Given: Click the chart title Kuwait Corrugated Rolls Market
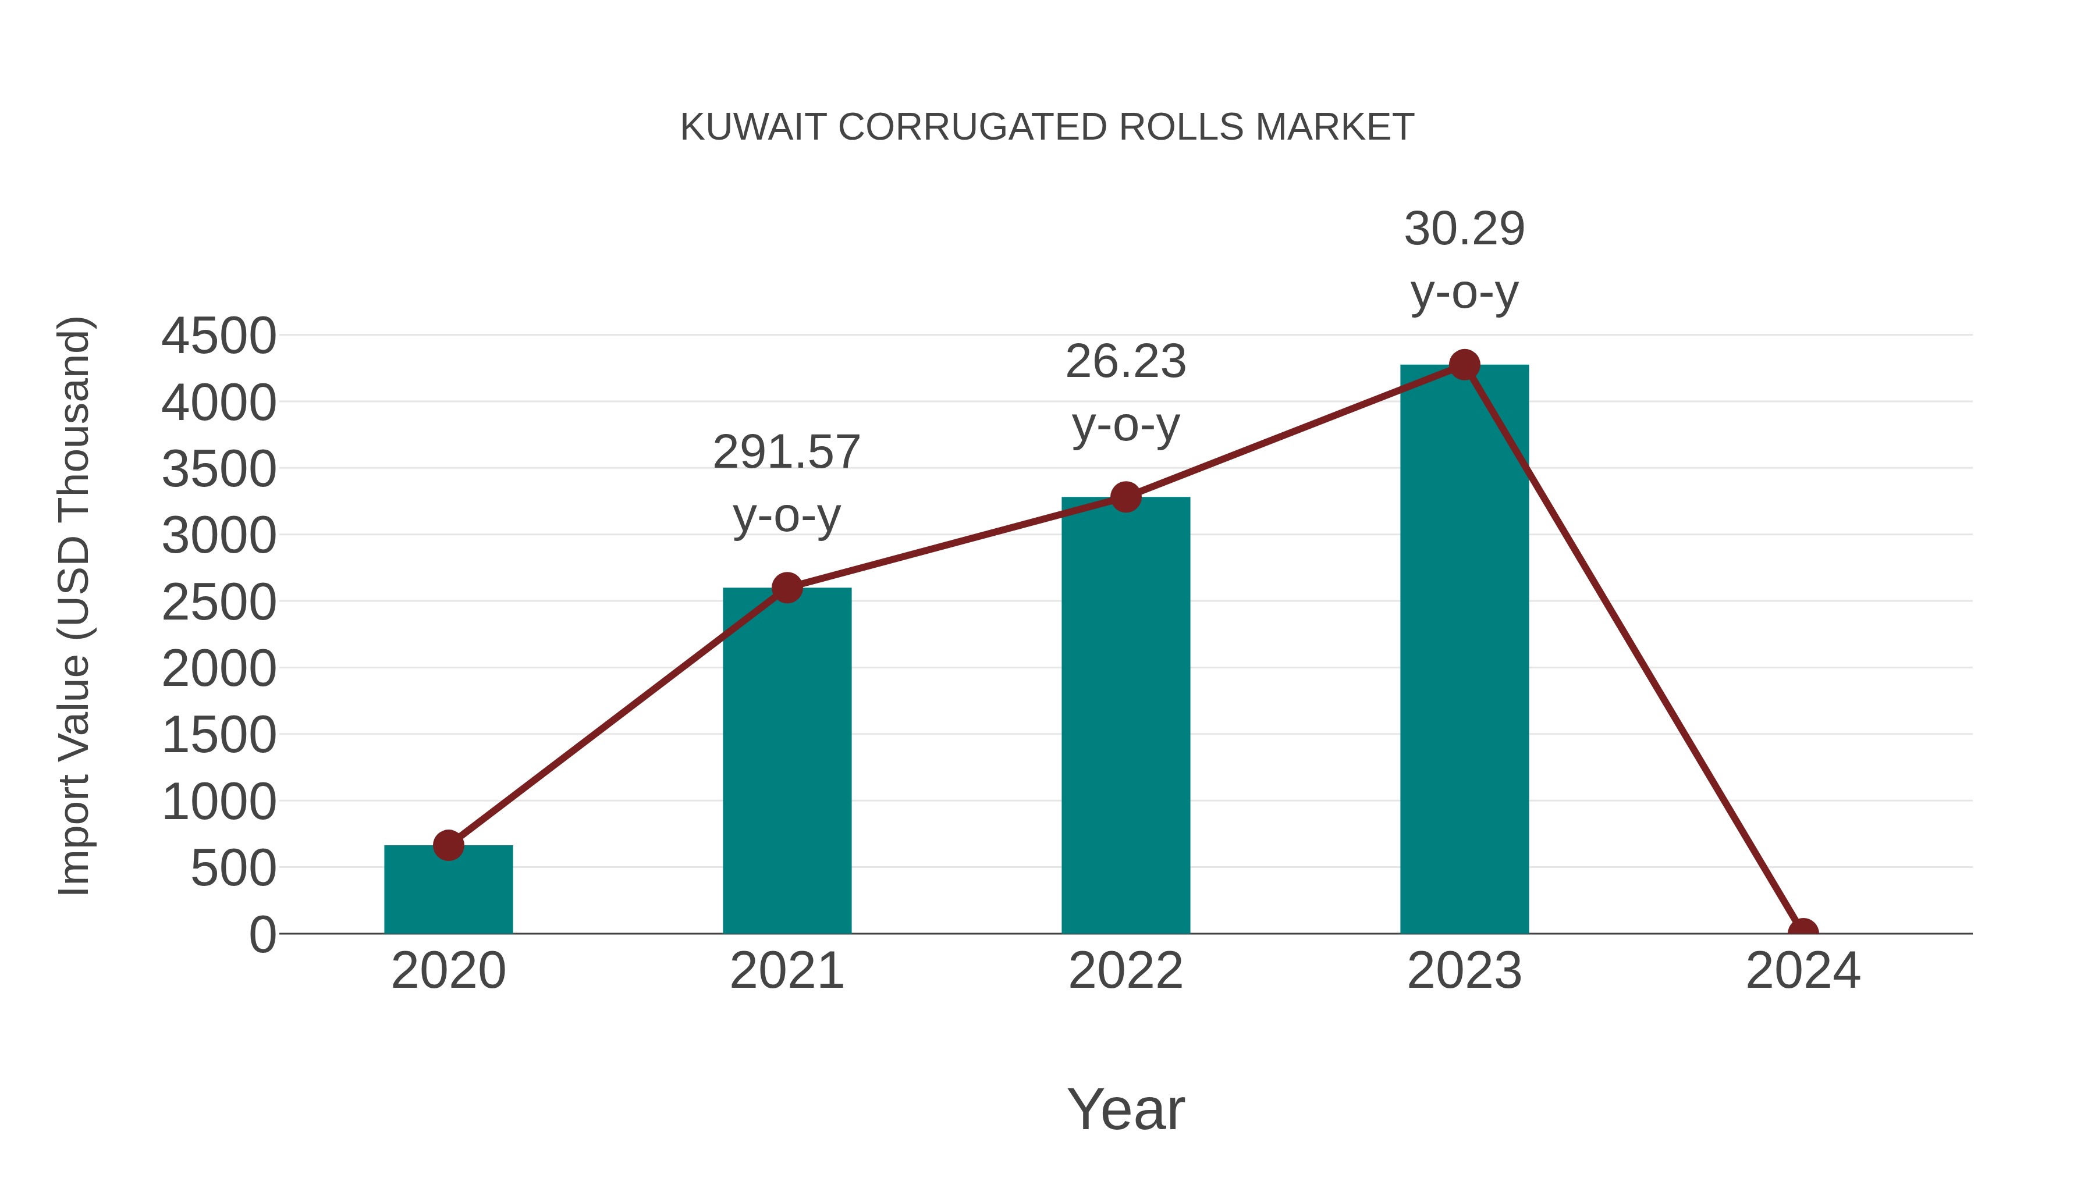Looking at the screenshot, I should (x=1047, y=127).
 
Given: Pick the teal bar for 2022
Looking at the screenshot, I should (x=1125, y=716).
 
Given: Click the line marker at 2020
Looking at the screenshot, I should (x=448, y=845).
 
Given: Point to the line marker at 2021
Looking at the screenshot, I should (x=786, y=588).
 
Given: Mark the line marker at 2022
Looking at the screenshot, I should (x=1125, y=497).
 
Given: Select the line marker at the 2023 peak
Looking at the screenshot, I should (x=1464, y=365).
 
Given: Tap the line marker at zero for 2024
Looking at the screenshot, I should (x=1802, y=932).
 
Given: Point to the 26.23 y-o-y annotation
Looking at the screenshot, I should (x=1125, y=393).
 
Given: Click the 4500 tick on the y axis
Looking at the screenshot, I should (x=219, y=336).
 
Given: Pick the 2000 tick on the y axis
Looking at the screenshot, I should (x=219, y=669).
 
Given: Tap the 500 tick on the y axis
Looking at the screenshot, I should (x=233, y=869).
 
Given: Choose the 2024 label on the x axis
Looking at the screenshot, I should (x=1802, y=971).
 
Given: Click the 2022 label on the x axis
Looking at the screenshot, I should (x=1125, y=971).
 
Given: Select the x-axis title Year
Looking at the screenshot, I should (x=1125, y=1109).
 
